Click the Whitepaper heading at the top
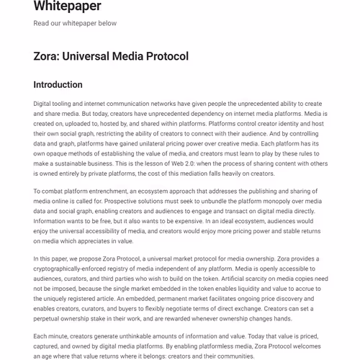(67, 7)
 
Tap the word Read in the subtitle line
(41, 23)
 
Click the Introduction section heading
(58, 85)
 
